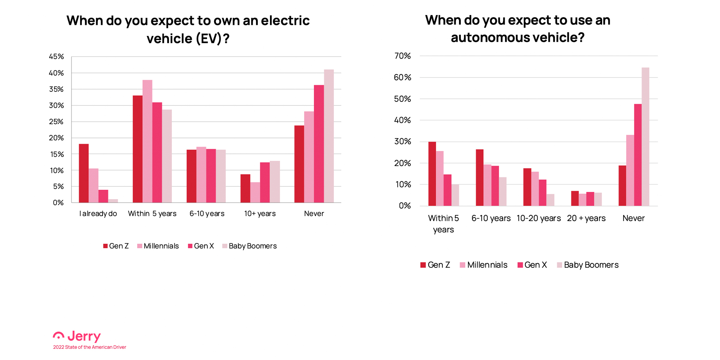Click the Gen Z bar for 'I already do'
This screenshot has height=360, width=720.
pos(84,173)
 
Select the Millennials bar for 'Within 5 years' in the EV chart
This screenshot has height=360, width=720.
pos(147,141)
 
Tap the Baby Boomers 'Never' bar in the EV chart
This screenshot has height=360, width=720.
pos(329,136)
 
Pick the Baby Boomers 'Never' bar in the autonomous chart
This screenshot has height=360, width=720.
pos(645,137)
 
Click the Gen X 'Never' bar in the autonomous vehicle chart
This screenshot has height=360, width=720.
pos(638,155)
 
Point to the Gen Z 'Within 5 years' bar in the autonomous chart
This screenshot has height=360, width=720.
pos(432,174)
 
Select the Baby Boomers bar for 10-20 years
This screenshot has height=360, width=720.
pos(550,200)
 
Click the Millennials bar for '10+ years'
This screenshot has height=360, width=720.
pos(255,193)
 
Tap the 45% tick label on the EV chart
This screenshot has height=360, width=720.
pos(57,57)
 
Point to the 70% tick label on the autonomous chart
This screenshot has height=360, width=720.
pos(402,56)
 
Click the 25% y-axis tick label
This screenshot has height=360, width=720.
pos(57,122)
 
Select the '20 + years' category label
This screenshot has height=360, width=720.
pos(586,218)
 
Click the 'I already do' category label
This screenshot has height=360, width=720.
pos(98,213)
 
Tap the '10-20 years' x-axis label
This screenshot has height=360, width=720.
pos(539,218)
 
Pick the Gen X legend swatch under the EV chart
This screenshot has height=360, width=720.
pos(190,246)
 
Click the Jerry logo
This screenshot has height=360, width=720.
pos(77,336)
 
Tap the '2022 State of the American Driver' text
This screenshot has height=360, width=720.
pos(90,347)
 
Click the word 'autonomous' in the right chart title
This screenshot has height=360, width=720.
pos(485,37)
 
